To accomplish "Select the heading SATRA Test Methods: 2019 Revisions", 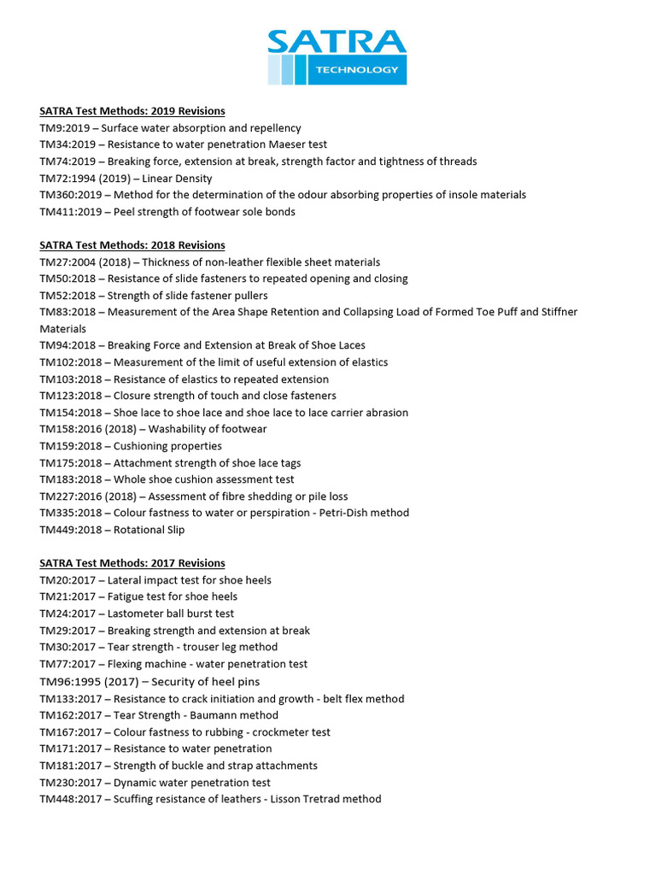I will point(132,111).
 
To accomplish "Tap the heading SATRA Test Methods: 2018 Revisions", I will point(132,245).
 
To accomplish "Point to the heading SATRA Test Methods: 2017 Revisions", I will point(132,563).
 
